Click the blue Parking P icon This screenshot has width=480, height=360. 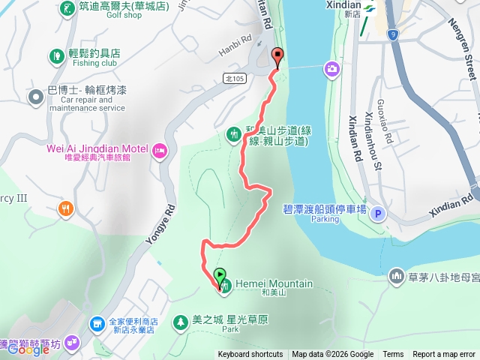pos(379,212)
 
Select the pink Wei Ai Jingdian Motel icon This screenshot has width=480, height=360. pos(159,151)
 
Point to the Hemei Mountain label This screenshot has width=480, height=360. pos(274,283)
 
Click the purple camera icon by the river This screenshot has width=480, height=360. pos(331,69)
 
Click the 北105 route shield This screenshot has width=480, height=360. pos(234,77)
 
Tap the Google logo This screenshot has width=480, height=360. pos(29,349)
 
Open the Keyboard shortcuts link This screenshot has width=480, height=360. pos(250,355)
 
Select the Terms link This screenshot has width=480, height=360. pos(393,355)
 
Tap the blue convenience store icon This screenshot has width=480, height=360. pos(97,324)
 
